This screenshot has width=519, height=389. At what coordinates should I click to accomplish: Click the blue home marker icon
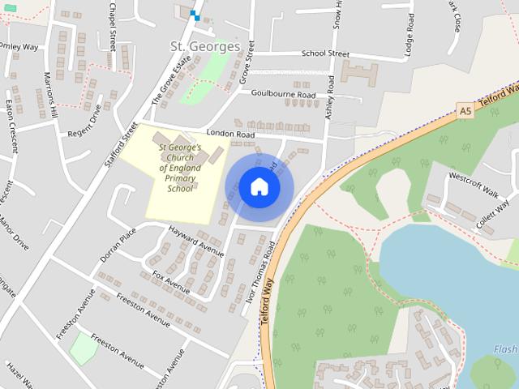click(x=259, y=187)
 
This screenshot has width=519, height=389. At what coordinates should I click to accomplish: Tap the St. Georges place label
click(x=205, y=46)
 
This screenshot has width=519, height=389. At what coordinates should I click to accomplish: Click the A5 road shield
click(x=464, y=109)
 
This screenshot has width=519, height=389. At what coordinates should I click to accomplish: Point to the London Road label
click(x=230, y=133)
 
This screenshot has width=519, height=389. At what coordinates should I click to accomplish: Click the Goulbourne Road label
click(x=283, y=95)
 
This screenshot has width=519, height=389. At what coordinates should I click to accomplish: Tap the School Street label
click(x=325, y=53)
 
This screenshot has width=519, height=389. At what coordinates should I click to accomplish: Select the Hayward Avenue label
click(x=195, y=242)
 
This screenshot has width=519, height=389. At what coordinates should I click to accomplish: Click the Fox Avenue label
click(x=171, y=283)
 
